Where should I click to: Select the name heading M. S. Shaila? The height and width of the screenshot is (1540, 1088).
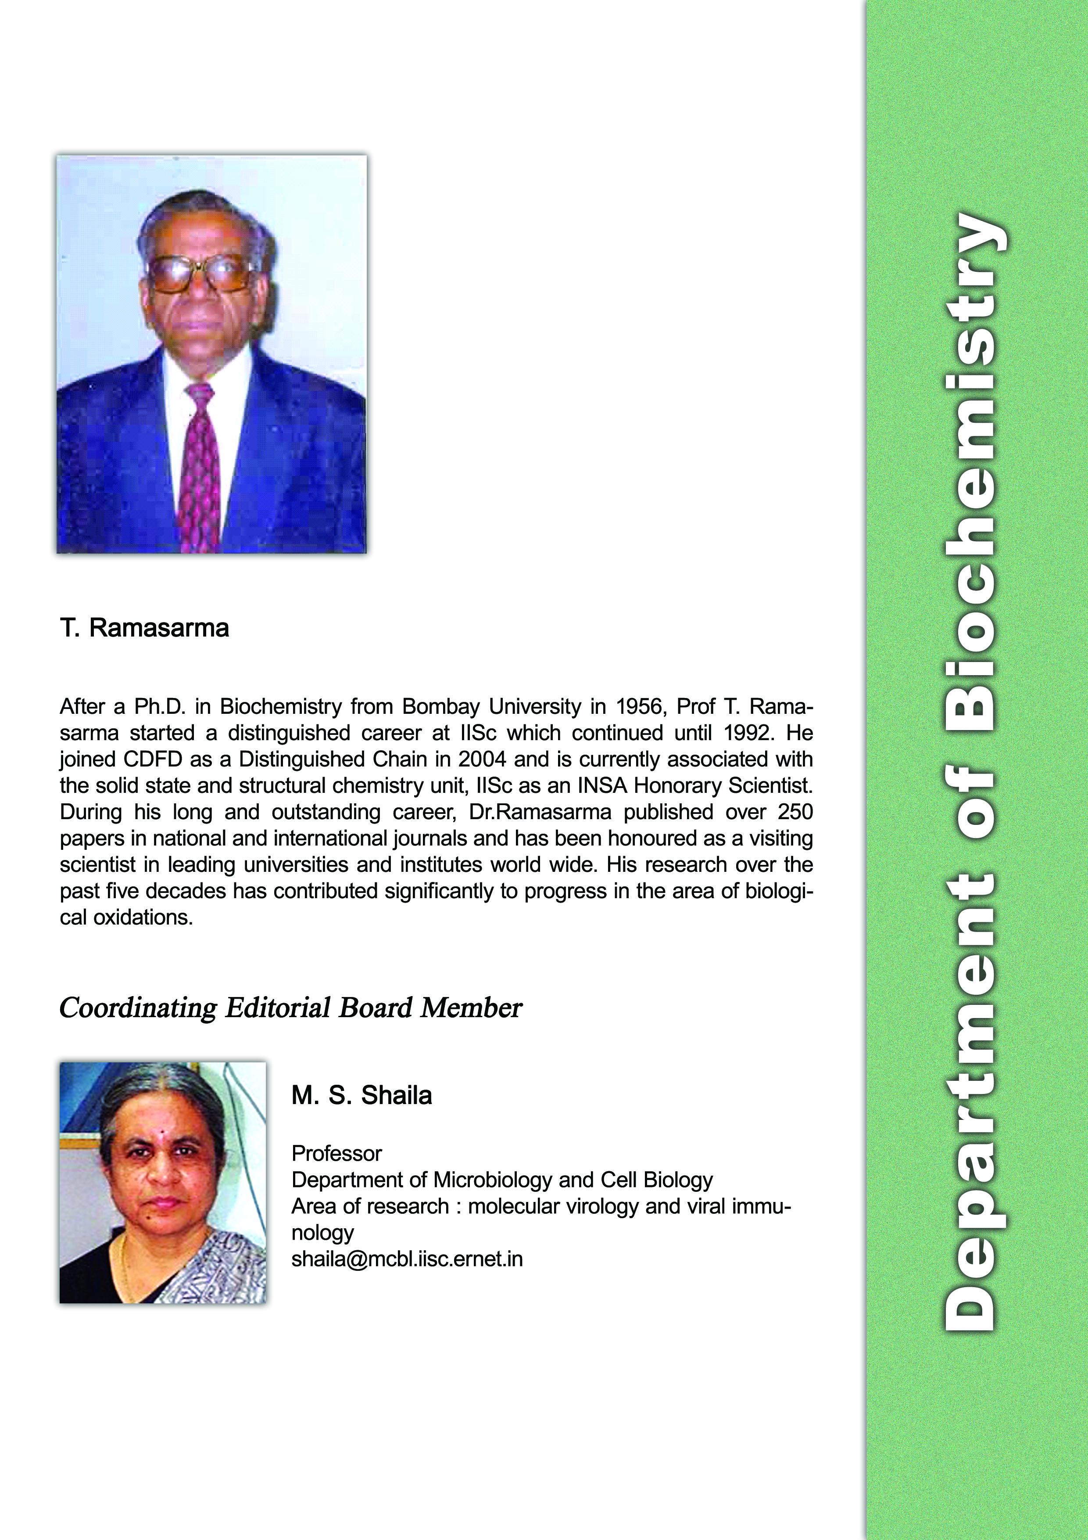coord(361,1095)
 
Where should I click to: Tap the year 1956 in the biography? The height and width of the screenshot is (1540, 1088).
coord(639,707)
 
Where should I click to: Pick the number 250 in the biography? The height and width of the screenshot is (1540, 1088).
coord(795,812)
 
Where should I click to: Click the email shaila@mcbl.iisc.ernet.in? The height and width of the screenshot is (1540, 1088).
coord(407,1259)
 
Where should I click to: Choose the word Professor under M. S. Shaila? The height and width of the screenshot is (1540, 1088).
coord(336,1154)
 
